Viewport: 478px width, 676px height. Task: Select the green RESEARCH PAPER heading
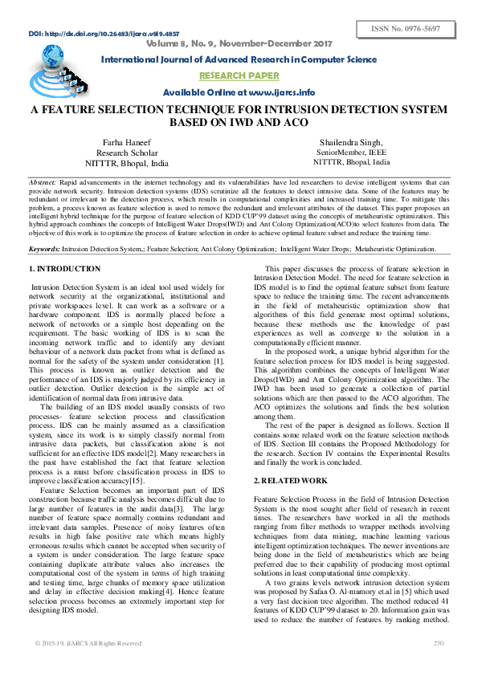click(x=238, y=77)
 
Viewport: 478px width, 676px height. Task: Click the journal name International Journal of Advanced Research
click(x=238, y=60)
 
